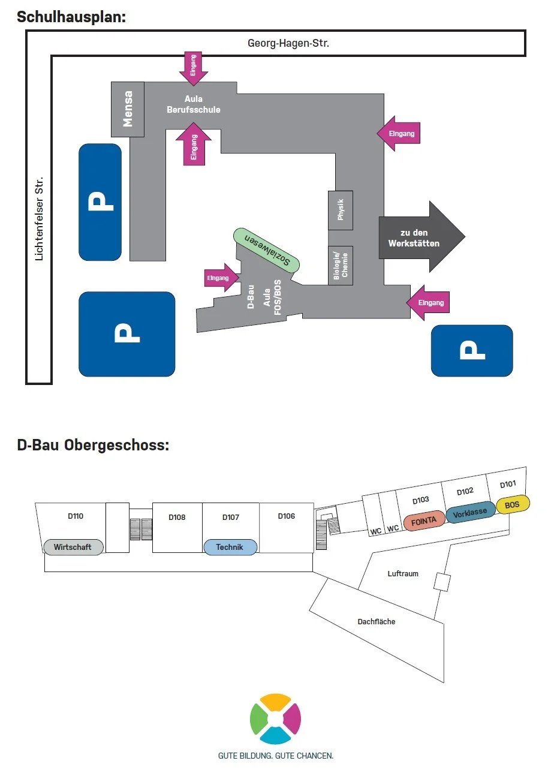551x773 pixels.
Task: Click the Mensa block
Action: click(128, 109)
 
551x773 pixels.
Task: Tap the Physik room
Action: click(341, 210)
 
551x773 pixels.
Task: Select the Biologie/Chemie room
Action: click(341, 265)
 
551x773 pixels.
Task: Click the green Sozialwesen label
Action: click(267, 251)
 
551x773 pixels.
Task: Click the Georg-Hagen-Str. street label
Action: click(288, 43)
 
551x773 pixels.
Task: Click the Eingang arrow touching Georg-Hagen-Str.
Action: click(193, 66)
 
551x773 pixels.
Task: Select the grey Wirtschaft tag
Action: click(73, 547)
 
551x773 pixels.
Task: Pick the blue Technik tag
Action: click(230, 547)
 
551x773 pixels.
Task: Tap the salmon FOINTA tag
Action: click(424, 521)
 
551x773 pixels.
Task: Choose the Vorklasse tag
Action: click(470, 513)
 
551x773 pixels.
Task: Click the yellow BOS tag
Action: click(513, 505)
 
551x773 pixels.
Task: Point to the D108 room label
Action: click(177, 517)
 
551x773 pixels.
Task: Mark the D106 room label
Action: click(286, 516)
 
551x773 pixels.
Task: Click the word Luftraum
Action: click(403, 574)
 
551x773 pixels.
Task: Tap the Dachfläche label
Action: click(377, 622)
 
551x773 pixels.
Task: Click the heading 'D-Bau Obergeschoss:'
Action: click(93, 446)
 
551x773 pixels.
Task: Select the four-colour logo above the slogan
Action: click(275, 718)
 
